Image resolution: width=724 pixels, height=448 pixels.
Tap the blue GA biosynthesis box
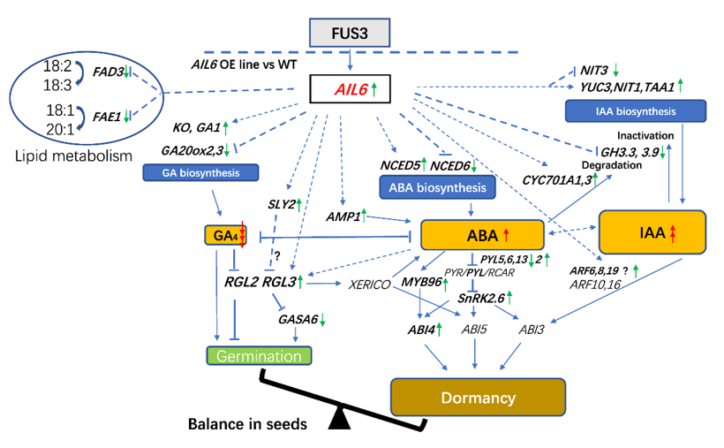click(x=191, y=172)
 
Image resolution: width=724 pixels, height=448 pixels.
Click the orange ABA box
click(x=479, y=235)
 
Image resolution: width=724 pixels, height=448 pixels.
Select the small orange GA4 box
click(x=225, y=236)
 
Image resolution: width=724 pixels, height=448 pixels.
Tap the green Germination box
click(x=260, y=354)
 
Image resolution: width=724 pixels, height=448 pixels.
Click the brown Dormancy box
click(x=478, y=398)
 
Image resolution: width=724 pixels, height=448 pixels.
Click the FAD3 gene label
click(x=108, y=72)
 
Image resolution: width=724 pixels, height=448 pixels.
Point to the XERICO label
click(x=372, y=284)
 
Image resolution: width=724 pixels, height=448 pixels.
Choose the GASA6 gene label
click(x=298, y=319)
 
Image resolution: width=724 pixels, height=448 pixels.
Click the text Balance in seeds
click(x=247, y=424)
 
